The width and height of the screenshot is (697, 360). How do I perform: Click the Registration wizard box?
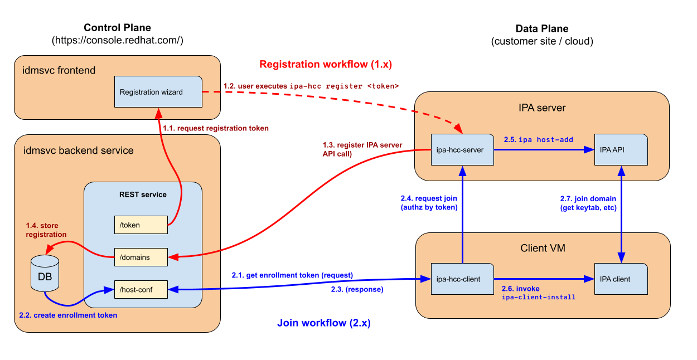tap(158, 92)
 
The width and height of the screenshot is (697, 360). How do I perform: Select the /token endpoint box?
tap(141, 225)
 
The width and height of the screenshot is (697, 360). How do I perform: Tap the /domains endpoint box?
tap(141, 257)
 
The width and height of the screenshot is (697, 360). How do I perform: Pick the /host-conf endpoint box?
tap(141, 289)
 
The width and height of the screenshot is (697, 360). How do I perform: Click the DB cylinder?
tap(45, 274)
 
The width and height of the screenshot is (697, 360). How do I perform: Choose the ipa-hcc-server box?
tap(462, 149)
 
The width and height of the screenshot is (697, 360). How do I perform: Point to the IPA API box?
tap(621, 149)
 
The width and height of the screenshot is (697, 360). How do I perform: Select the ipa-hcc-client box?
tap(462, 279)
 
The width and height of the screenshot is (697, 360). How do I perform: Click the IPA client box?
tap(621, 279)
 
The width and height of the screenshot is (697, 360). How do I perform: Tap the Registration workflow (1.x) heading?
tap(326, 64)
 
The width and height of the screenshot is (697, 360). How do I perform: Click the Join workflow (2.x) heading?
tap(324, 323)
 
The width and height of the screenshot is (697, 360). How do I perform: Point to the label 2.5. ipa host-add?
tap(538, 139)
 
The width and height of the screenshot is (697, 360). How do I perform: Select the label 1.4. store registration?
tap(46, 230)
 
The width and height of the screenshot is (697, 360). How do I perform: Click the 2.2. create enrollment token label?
tap(68, 315)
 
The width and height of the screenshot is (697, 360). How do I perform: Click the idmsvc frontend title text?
tap(59, 71)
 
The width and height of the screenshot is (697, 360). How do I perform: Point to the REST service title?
tap(143, 194)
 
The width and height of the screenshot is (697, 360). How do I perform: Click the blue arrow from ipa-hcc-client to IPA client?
tap(541, 279)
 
